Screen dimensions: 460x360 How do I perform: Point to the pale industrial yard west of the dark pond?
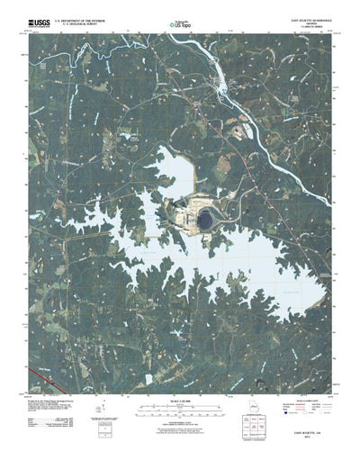pyautogui.click(x=186, y=216)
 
